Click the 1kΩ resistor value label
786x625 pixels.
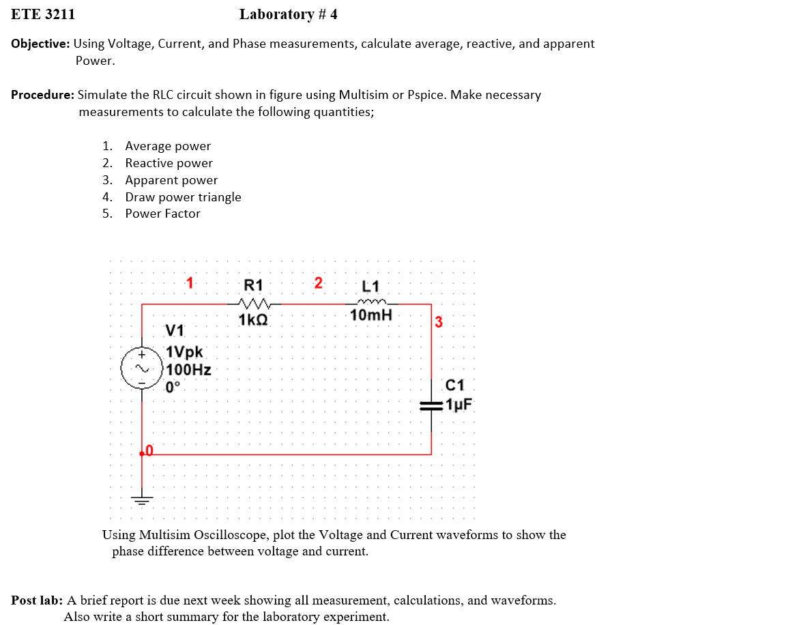[252, 319]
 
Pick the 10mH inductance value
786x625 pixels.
[371, 315]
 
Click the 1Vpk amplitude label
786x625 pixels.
[185, 353]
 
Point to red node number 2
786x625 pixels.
[318, 282]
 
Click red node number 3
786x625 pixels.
[439, 322]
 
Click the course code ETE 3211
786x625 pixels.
[43, 14]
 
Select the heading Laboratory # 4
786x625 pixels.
[288, 14]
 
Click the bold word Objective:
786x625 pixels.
[40, 44]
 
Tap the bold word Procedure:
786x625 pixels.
[42, 95]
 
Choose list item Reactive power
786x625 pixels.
[169, 163]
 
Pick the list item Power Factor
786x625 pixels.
[162, 214]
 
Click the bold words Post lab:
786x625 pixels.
[38, 600]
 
